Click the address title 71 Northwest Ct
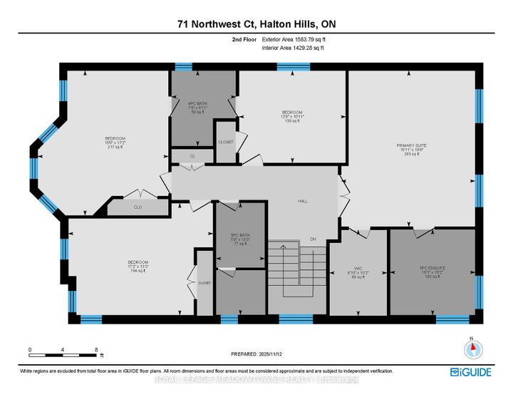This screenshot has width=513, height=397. point(256,24)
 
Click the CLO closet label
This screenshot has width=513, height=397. point(138,207)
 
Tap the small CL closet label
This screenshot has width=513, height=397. point(192,155)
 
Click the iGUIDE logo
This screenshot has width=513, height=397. point(470,372)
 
